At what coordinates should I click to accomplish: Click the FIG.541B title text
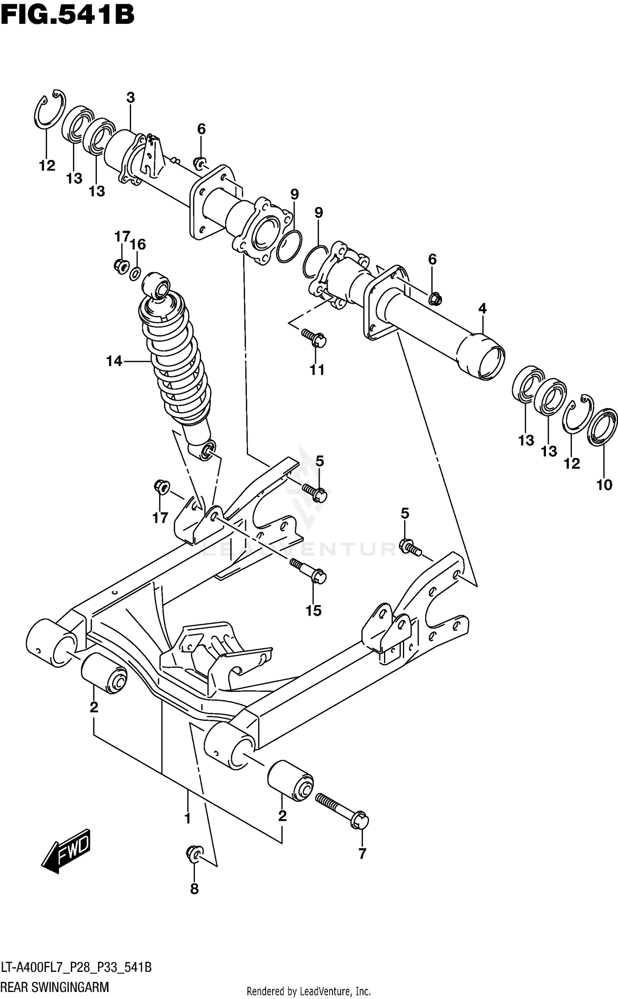click(x=68, y=15)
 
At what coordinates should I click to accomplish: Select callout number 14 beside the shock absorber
click(x=114, y=362)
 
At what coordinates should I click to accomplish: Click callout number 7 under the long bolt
click(x=362, y=854)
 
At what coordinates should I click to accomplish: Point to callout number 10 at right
click(x=604, y=485)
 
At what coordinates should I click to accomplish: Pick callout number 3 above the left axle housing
click(x=130, y=98)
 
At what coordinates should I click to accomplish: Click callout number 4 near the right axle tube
click(x=482, y=308)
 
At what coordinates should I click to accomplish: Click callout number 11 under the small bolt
click(x=317, y=370)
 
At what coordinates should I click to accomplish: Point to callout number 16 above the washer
click(x=138, y=244)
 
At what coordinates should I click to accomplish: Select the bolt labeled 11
click(x=314, y=337)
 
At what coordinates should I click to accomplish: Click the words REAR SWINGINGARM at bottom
click(x=55, y=987)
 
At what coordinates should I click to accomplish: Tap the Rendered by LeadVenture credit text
click(x=309, y=992)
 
